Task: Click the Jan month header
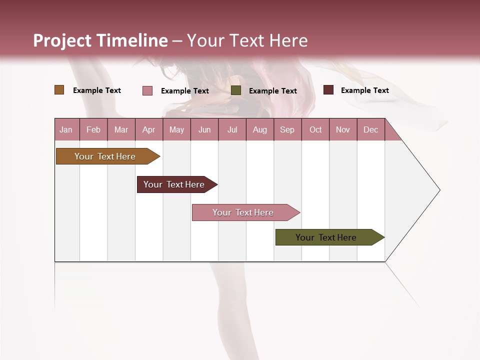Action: point(66,129)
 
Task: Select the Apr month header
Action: point(148,129)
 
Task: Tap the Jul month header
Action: point(232,129)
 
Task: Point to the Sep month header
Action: point(287,129)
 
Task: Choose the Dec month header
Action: point(370,129)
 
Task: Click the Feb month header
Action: point(93,129)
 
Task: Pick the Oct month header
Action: point(315,129)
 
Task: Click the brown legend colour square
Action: point(59,90)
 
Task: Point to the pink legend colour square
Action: point(147,90)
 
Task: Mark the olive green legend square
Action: point(236,90)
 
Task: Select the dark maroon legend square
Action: point(328,90)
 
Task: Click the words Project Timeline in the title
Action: point(100,40)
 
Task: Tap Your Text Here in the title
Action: point(247,40)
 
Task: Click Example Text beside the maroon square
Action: point(364,90)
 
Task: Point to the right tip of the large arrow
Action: point(438,190)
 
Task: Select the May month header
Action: point(176,129)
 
